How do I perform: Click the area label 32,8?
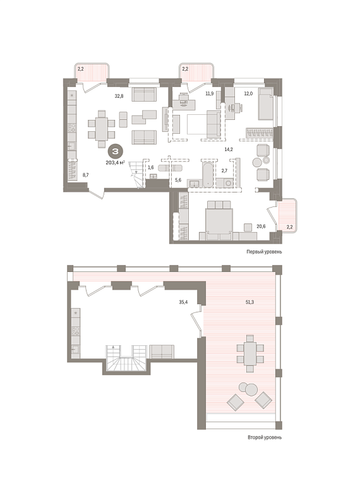coord(119,95)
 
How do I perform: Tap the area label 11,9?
coord(210,93)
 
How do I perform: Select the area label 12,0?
coord(248,93)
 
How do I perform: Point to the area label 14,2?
coord(229,149)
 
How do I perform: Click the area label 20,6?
coord(261,226)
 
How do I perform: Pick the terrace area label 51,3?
coord(249,302)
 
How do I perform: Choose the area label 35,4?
coord(183,302)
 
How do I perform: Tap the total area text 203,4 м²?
coord(116,163)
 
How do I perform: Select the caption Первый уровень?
coord(264,252)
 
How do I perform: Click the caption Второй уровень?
coord(265,437)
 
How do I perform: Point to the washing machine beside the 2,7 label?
coord(229,183)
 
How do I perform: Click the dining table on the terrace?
coord(250,353)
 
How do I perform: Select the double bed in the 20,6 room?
coord(219,221)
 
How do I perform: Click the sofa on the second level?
coord(162,352)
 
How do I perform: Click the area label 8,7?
coord(86,175)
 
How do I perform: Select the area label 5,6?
coord(178,180)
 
